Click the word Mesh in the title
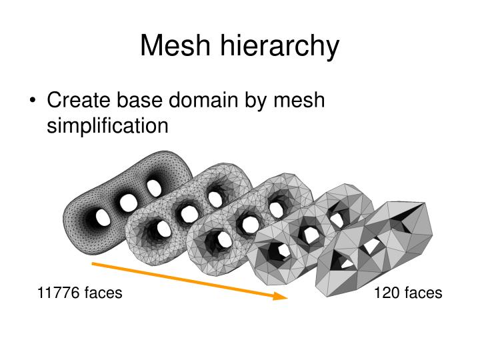[x=175, y=45]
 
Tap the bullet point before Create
[x=33, y=101]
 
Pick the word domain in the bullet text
[x=203, y=100]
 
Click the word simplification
[x=107, y=125]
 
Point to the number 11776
[x=58, y=293]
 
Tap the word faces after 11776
[x=103, y=293]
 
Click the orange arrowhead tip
[x=288, y=297]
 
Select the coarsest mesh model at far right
[x=375, y=249]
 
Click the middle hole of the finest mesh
[x=128, y=203]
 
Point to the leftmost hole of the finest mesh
[x=103, y=217]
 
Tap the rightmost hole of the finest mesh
[x=154, y=188]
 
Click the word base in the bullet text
[x=139, y=100]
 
